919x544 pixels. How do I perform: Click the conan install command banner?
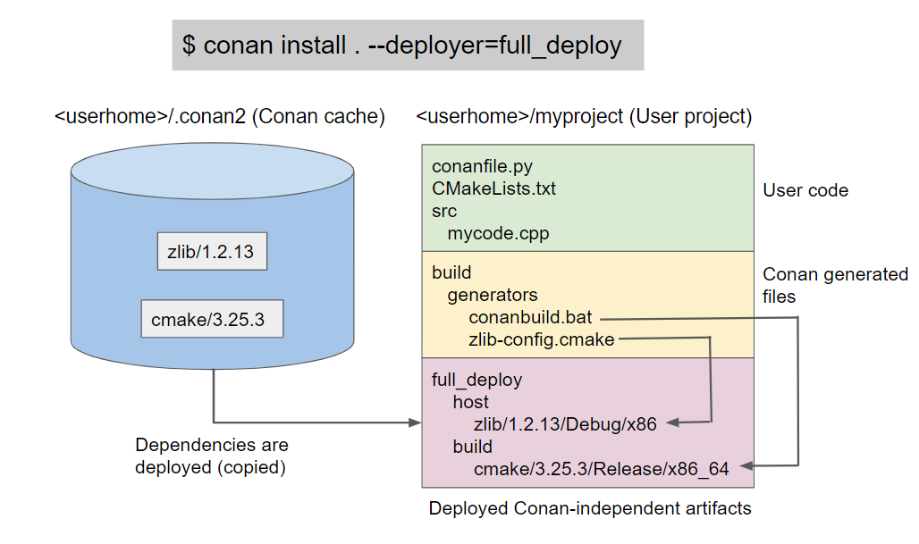tap(408, 45)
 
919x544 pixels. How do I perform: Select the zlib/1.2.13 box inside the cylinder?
tap(210, 252)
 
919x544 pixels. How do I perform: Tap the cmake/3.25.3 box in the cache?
tap(212, 319)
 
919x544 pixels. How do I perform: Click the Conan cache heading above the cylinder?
tap(220, 117)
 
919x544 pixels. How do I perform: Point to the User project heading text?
tap(584, 117)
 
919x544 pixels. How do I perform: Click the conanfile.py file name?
tap(481, 166)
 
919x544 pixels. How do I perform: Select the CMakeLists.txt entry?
tap(493, 189)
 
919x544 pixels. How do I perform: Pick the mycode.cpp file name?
tap(498, 234)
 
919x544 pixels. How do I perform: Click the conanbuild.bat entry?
tap(530, 317)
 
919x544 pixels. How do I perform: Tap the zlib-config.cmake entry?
tap(541, 339)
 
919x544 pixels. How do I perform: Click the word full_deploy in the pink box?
tap(476, 380)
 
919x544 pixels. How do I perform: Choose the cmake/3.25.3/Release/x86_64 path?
tap(602, 468)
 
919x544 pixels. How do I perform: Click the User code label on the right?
tap(805, 190)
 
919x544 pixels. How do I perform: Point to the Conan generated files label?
tap(835, 285)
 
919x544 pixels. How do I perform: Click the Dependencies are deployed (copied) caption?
tap(212, 456)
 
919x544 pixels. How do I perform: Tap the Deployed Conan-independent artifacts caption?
tap(590, 508)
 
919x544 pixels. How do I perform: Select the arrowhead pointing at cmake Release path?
tap(746, 465)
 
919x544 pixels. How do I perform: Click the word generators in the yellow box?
tap(493, 295)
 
